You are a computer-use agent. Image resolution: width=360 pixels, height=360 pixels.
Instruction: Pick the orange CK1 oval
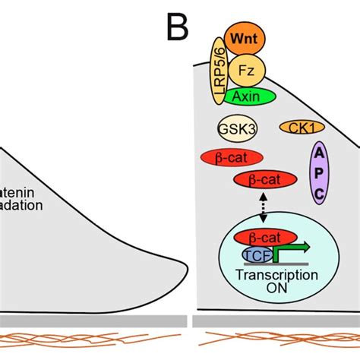298,128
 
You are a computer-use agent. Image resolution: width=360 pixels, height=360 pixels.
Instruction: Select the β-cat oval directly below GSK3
232,157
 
